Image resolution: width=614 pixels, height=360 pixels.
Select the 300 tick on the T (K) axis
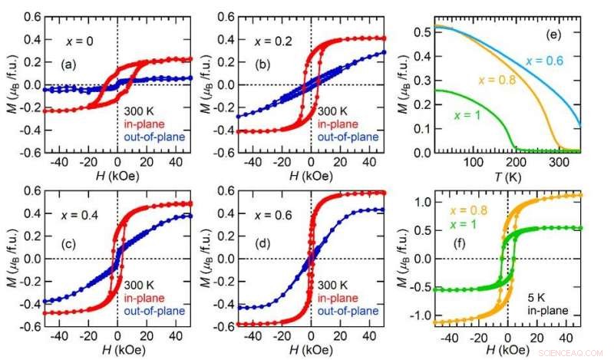(557, 163)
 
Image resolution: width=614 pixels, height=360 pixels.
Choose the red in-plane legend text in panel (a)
(144, 125)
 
